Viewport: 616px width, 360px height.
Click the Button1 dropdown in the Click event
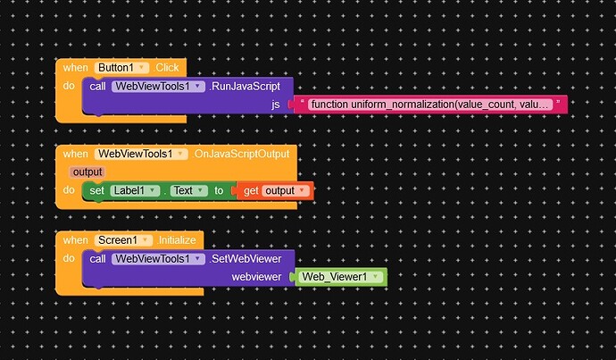(x=121, y=68)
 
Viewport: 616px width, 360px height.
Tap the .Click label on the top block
(x=167, y=68)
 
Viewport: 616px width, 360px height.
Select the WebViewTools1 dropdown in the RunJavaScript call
(x=158, y=87)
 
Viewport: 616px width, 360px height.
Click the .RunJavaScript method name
(x=245, y=87)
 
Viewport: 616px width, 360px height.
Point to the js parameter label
(x=275, y=105)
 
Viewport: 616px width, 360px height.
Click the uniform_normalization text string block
(x=430, y=105)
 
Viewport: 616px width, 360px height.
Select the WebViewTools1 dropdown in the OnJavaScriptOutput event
(x=141, y=154)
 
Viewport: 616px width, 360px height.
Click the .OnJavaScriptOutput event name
(x=241, y=154)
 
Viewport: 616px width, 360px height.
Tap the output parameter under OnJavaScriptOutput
(x=87, y=172)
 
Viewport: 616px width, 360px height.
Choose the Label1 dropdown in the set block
(x=135, y=191)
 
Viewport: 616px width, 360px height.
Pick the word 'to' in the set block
(x=219, y=191)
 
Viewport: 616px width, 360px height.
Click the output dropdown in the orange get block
(x=285, y=191)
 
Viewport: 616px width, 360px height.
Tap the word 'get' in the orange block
(x=251, y=191)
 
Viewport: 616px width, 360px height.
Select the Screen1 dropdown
(x=123, y=240)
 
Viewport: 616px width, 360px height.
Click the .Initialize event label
(x=176, y=240)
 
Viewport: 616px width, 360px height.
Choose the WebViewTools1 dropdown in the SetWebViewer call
(x=158, y=259)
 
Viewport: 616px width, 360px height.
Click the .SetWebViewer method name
(x=246, y=259)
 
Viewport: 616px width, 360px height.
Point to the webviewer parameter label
(x=256, y=277)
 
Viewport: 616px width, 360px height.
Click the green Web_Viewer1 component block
(x=340, y=277)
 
